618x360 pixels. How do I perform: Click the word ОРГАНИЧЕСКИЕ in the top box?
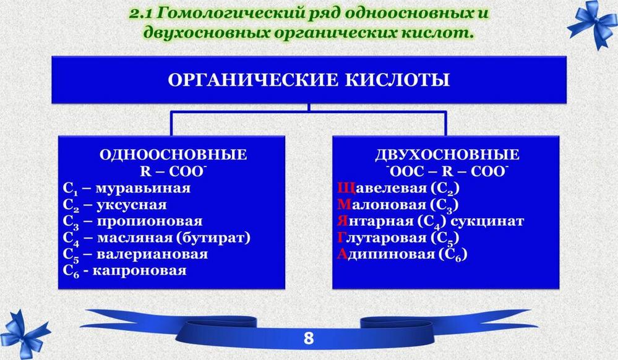(252, 80)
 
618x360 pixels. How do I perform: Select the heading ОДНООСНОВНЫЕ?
(173, 155)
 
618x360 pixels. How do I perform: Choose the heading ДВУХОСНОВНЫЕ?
(447, 155)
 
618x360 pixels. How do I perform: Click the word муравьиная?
(144, 188)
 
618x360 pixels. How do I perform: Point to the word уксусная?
(132, 205)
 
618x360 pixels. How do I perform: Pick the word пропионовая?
(150, 221)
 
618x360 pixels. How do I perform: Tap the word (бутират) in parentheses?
(213, 238)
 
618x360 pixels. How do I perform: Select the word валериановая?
(152, 254)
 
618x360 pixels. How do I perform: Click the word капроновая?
(140, 271)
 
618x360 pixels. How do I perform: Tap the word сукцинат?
(487, 221)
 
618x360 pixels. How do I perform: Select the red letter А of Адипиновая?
(342, 254)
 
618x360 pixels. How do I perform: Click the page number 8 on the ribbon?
(309, 338)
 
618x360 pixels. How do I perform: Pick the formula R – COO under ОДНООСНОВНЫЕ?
(173, 171)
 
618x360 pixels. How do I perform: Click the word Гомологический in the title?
(230, 14)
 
